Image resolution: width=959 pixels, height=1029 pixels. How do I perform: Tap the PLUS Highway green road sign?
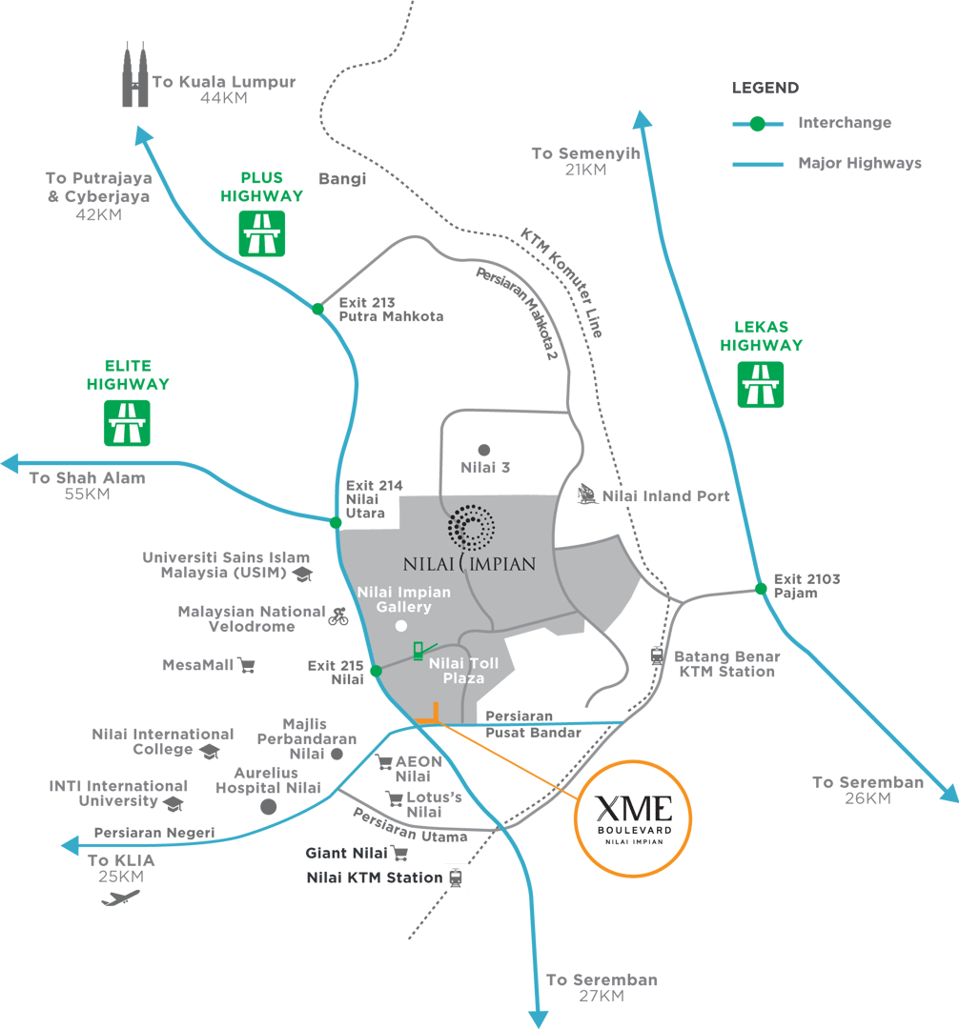tap(260, 233)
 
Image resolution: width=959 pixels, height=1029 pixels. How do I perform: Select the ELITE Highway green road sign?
tap(127, 423)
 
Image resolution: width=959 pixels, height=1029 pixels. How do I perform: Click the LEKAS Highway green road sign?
tap(761, 385)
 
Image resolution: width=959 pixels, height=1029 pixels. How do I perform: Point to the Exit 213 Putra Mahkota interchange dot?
tap(317, 309)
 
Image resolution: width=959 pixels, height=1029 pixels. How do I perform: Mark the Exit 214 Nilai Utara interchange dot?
tap(336, 522)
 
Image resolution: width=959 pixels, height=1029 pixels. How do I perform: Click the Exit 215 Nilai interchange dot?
tap(376, 671)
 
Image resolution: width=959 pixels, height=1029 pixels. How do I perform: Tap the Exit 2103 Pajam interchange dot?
tap(761, 588)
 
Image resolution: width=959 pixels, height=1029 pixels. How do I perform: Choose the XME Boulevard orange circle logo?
tap(634, 817)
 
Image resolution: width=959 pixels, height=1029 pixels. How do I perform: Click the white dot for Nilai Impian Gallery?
tap(401, 626)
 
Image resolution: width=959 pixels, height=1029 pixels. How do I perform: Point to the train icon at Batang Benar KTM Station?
tap(657, 656)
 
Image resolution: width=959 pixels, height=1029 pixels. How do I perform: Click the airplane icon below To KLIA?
tap(121, 898)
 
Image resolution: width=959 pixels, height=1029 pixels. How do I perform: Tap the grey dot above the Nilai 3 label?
tap(484, 449)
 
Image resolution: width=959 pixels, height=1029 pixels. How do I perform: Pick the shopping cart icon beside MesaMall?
tap(247, 665)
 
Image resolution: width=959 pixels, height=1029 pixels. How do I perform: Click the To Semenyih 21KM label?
tap(585, 161)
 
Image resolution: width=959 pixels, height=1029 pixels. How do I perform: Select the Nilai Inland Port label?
tap(665, 496)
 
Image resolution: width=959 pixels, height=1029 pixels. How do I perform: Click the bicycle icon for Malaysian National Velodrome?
tap(337, 616)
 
